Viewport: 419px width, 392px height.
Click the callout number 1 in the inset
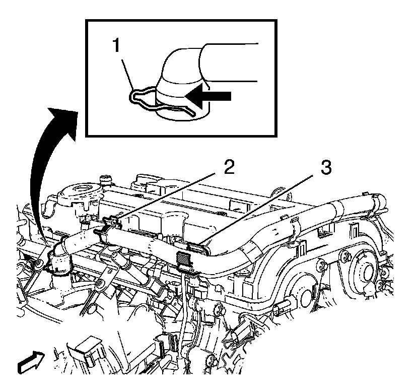[x=116, y=46]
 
